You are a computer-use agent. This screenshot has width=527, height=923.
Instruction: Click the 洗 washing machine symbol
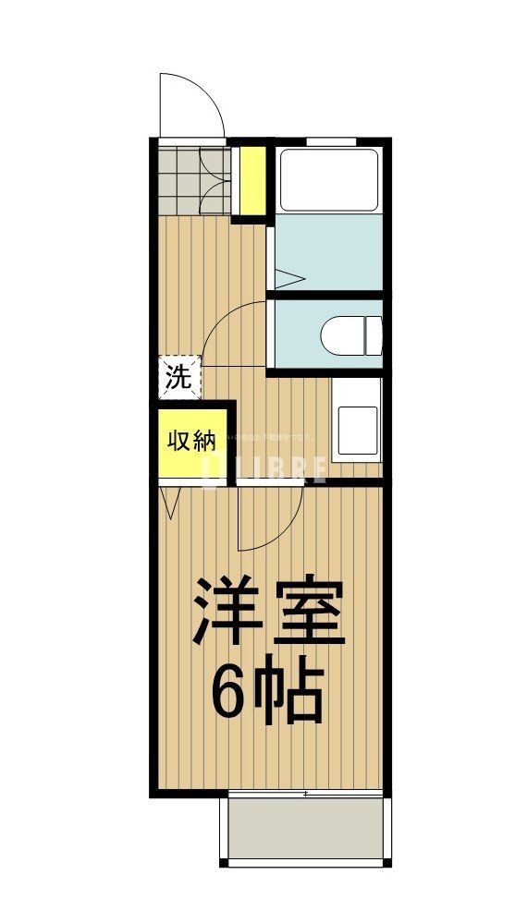tap(178, 377)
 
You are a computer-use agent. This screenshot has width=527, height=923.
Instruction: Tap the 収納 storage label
tap(191, 440)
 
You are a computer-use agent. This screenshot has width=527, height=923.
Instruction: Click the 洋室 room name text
tap(268, 612)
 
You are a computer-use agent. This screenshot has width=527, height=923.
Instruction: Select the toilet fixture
tap(355, 334)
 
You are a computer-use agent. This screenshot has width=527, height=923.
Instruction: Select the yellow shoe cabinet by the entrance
tap(250, 179)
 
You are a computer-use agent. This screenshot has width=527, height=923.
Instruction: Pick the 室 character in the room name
tap(310, 612)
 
